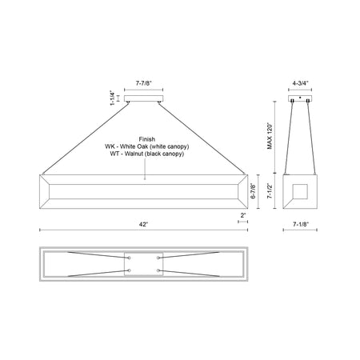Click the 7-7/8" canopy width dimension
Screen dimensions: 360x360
(x=144, y=83)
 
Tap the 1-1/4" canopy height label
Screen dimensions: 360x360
(x=113, y=98)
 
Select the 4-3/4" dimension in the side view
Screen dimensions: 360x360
(x=300, y=83)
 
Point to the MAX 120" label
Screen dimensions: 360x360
(x=270, y=136)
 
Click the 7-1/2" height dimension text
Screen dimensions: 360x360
(x=270, y=191)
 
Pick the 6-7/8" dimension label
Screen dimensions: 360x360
(x=253, y=191)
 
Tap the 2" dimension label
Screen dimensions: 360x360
(x=243, y=215)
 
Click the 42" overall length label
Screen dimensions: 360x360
(x=143, y=225)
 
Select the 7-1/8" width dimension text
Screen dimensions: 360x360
(x=301, y=225)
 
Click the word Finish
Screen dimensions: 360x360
(x=146, y=139)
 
